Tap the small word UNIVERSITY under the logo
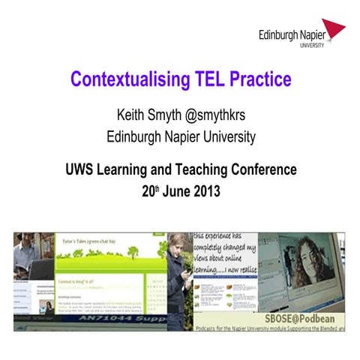(312, 46)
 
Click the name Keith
(132, 116)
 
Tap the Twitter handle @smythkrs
(217, 116)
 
